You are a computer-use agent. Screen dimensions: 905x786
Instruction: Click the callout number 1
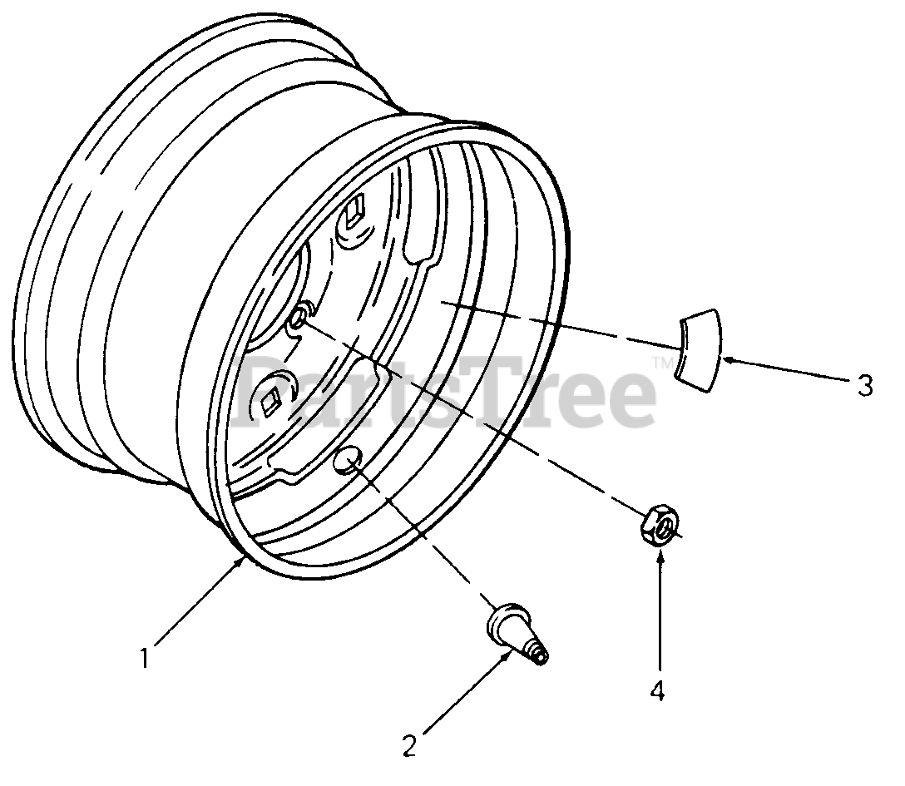(145, 659)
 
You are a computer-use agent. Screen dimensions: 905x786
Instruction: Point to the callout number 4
(657, 690)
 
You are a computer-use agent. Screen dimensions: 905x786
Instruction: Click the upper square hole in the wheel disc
(353, 211)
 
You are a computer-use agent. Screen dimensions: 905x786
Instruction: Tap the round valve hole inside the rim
(347, 460)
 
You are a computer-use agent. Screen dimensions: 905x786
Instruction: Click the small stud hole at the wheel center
(299, 317)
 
